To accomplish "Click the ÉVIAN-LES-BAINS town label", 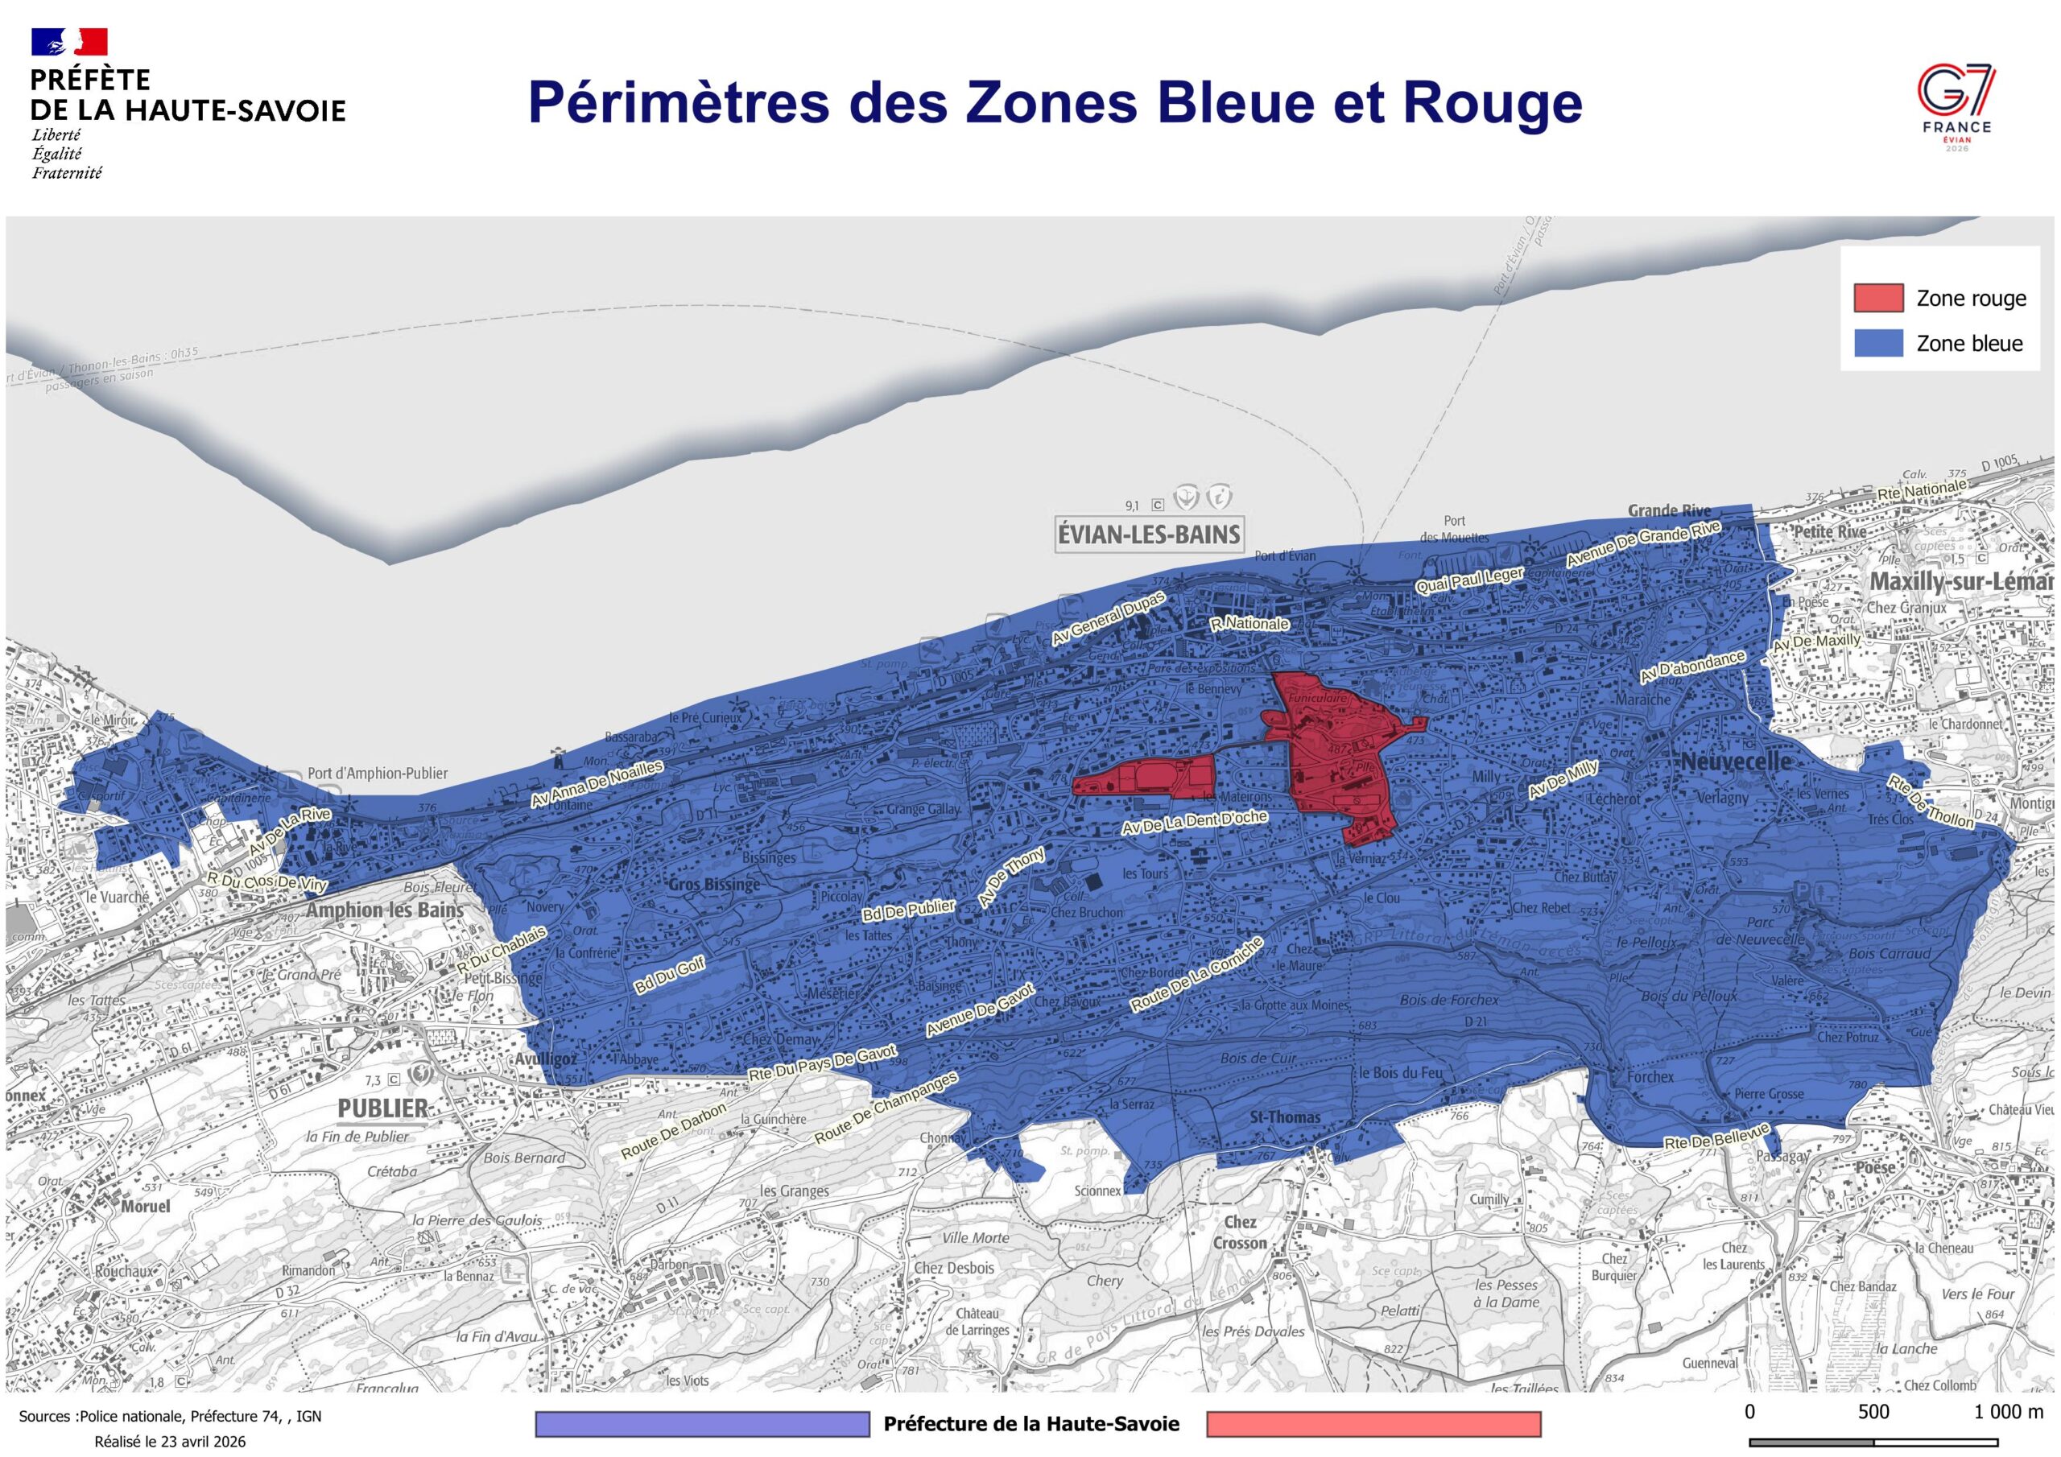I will [x=1149, y=535].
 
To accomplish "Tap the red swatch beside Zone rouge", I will [x=1878, y=298].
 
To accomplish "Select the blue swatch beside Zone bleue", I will [x=1878, y=343].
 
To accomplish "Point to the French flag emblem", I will [x=69, y=41].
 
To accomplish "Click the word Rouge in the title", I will [x=1491, y=103].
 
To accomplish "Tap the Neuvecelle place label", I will [x=1735, y=762].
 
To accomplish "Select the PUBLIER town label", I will [x=383, y=1108].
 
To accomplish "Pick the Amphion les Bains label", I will [x=385, y=910].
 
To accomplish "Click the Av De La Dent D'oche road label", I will [x=1194, y=823].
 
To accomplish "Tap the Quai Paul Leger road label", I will [x=1468, y=581].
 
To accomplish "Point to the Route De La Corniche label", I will [x=1196, y=975].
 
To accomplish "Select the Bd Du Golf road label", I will [x=670, y=974].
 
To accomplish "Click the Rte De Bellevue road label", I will [x=1716, y=1136].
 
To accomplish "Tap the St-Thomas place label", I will [x=1286, y=1117].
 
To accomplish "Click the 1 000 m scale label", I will [x=2008, y=1411].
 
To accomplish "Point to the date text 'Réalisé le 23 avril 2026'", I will [x=170, y=1442].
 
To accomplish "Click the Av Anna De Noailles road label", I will [x=597, y=784].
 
